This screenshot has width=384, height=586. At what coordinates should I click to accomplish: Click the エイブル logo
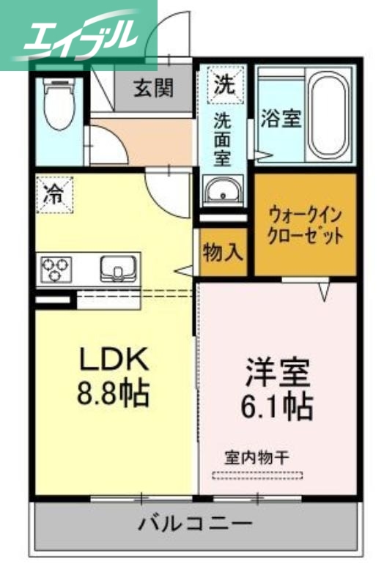[x=79, y=33]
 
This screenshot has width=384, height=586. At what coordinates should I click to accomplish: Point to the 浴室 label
[x=281, y=119]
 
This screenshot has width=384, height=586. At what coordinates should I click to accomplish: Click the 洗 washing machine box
[x=224, y=84]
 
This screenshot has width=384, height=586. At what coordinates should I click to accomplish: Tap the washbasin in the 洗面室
[x=223, y=193]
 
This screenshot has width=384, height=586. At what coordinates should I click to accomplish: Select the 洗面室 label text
[x=223, y=138]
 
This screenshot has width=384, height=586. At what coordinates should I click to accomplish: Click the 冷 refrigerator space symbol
[x=55, y=193]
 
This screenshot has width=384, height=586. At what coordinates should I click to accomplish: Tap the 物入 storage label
[x=222, y=253]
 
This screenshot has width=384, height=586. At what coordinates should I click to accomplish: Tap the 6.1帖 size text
[x=278, y=406]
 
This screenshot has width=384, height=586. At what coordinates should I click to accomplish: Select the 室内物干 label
[x=256, y=458]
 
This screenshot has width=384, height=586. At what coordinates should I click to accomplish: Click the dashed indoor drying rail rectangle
[x=257, y=475]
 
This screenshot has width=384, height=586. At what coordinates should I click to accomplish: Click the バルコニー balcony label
[x=195, y=524]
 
